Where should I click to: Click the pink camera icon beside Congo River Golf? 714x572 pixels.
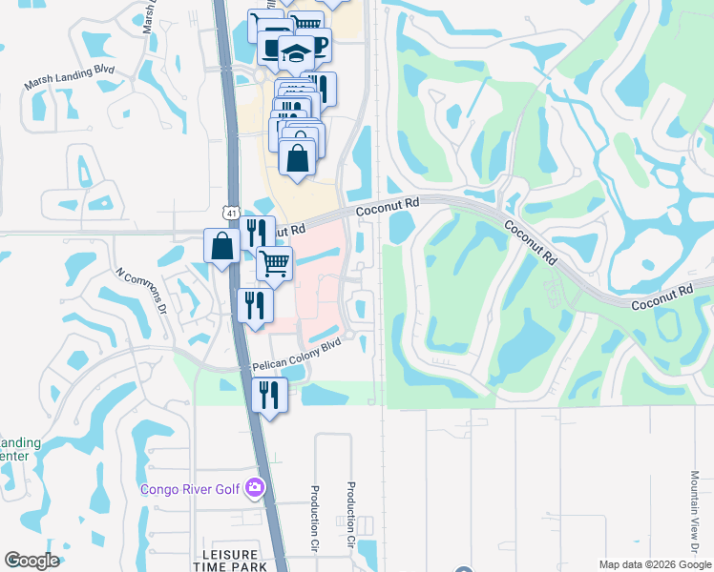255,488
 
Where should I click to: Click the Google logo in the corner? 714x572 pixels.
31,561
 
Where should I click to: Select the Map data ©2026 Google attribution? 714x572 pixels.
654,564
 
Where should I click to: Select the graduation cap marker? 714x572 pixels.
297,52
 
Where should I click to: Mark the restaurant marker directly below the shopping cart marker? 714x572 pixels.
255,304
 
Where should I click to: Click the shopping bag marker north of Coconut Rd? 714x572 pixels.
298,156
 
